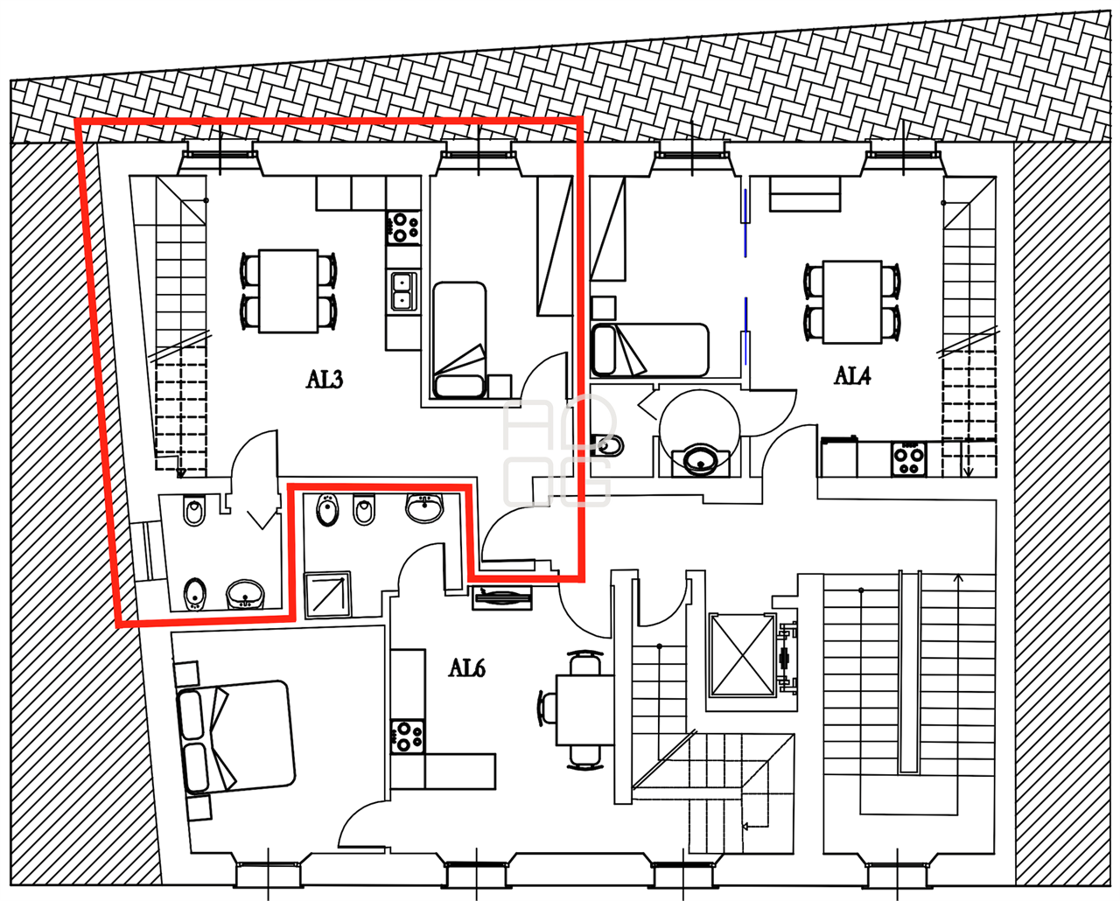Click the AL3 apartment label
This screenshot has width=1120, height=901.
click(x=325, y=380)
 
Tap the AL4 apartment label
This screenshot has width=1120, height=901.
click(x=852, y=375)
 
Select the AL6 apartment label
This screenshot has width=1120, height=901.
click(x=467, y=667)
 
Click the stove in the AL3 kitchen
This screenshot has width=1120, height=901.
click(x=402, y=227)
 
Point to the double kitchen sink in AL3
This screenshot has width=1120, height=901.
click(x=404, y=291)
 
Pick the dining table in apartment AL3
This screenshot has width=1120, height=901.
click(x=289, y=291)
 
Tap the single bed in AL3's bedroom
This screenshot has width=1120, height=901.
click(x=459, y=340)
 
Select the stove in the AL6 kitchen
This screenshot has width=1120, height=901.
click(x=408, y=737)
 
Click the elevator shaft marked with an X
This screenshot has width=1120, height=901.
click(x=743, y=655)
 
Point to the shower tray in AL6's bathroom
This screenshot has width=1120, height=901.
click(x=327, y=595)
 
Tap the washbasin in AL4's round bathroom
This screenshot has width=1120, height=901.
click(x=700, y=459)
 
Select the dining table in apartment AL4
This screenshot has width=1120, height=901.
click(x=852, y=303)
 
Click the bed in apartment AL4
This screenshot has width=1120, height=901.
click(x=650, y=350)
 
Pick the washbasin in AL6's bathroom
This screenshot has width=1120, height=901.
click(x=424, y=507)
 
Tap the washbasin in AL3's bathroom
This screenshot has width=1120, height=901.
click(x=245, y=595)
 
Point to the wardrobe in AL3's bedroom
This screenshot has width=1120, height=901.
click(x=556, y=246)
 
